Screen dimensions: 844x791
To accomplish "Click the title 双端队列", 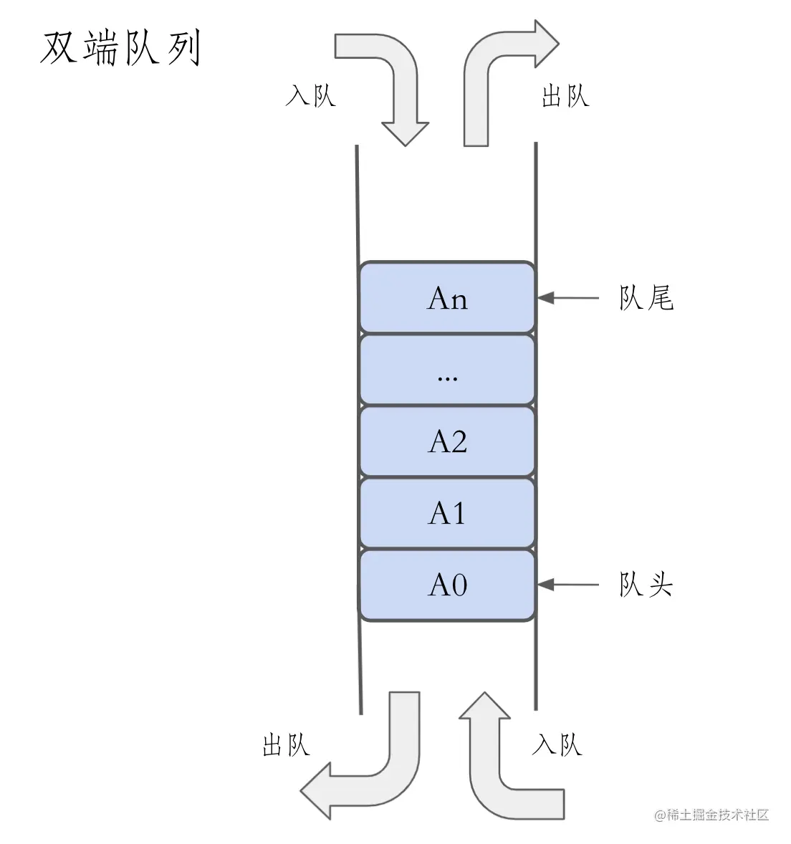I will click(x=120, y=49).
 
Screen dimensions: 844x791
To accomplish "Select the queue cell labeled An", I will click(x=447, y=297).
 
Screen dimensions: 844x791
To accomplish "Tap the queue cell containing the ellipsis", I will click(x=447, y=370).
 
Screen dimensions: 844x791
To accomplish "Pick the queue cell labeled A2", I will click(x=447, y=441).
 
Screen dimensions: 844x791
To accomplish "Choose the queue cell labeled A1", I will click(x=447, y=513).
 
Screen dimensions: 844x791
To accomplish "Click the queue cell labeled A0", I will click(x=447, y=585).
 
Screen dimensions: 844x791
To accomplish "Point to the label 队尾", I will click(x=646, y=297).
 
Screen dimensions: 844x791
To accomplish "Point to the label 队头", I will click(x=646, y=585).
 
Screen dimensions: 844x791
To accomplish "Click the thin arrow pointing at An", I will click(x=567, y=297).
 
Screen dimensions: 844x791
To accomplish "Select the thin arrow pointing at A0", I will click(x=567, y=585).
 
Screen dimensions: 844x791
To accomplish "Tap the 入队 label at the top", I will click(x=310, y=95).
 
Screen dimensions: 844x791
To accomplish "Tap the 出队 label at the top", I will click(x=565, y=95).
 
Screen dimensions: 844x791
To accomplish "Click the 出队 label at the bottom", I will click(x=286, y=745).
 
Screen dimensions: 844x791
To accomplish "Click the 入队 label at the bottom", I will click(x=557, y=745).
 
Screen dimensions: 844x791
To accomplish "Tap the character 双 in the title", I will click(x=59, y=49).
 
